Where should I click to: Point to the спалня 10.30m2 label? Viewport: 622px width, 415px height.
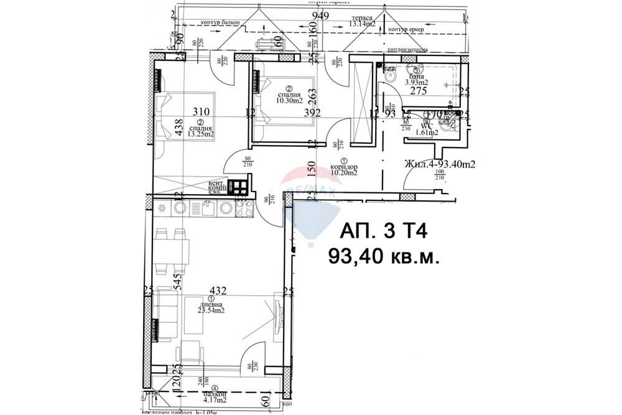pyautogui.click(x=289, y=97)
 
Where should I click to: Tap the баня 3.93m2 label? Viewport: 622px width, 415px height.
pyautogui.click(x=417, y=78)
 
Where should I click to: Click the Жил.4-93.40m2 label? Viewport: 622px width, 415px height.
pyautogui.click(x=439, y=164)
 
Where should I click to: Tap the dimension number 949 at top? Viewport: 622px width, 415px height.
pyautogui.click(x=320, y=16)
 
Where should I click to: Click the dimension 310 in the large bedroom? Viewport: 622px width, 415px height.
pyautogui.click(x=200, y=112)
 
